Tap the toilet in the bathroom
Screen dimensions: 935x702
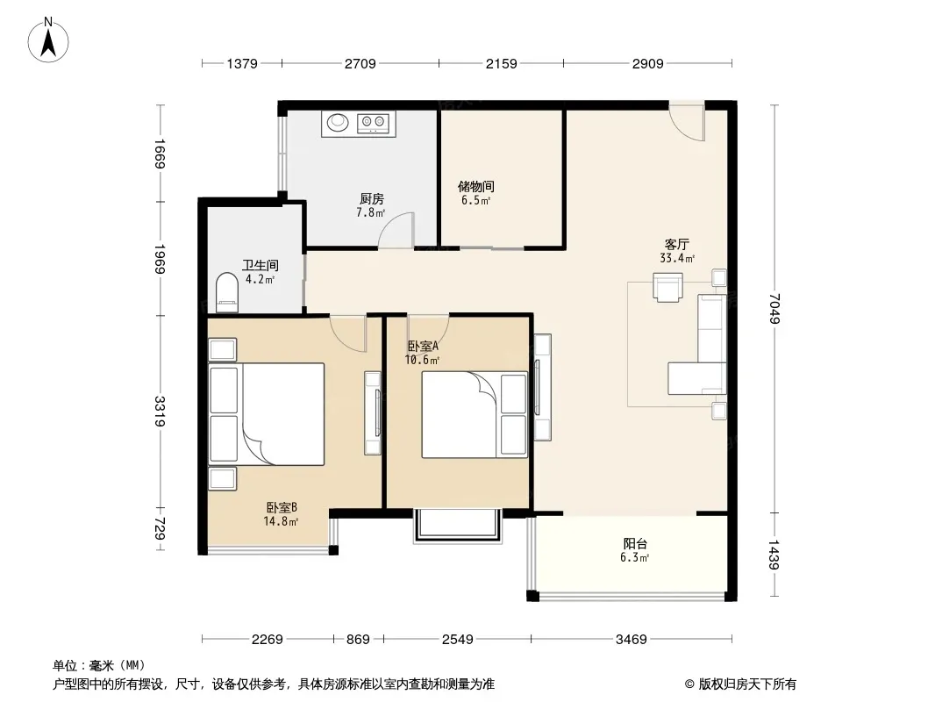pyautogui.click(x=226, y=292)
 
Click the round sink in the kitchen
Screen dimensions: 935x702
pyautogui.click(x=338, y=122)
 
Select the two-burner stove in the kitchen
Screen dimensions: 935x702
pyautogui.click(x=373, y=123)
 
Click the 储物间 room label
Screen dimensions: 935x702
pyautogui.click(x=476, y=187)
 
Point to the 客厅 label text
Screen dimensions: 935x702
pyautogui.click(x=677, y=245)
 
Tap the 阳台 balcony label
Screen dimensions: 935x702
pyautogui.click(x=635, y=543)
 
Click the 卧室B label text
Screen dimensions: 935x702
pyautogui.click(x=282, y=507)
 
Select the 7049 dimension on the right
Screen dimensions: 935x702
pyautogui.click(x=774, y=308)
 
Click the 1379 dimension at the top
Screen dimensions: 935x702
pyautogui.click(x=242, y=63)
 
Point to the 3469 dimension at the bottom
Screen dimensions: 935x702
pyautogui.click(x=632, y=640)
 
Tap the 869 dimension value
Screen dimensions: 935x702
pyautogui.click(x=359, y=640)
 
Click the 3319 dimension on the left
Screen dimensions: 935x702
pyautogui.click(x=160, y=412)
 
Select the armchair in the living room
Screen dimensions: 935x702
pyautogui.click(x=667, y=288)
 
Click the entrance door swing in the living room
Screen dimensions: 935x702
pyautogui.click(x=687, y=122)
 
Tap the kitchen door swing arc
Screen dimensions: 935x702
pyautogui.click(x=396, y=230)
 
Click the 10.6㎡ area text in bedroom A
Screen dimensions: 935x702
pyautogui.click(x=422, y=360)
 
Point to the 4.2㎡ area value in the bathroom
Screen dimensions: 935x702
pyautogui.click(x=260, y=279)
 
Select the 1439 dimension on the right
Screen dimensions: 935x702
pyautogui.click(x=774, y=555)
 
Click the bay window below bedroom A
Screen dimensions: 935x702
pyautogui.click(x=457, y=525)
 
